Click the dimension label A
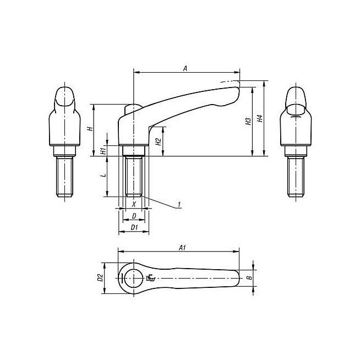186,68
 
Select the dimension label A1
182,248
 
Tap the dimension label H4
260,118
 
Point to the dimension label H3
248,122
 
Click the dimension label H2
158,141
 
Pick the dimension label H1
103,151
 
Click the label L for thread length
104,176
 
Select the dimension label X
134,204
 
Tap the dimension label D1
134,227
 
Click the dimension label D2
100,277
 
